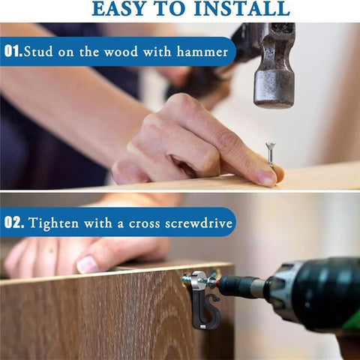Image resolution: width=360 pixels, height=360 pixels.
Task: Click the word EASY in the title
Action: tap(120, 8)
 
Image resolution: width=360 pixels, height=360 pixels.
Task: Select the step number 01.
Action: tap(13, 51)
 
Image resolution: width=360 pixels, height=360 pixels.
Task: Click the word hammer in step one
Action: tap(202, 52)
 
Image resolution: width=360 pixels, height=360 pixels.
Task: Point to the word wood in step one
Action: tap(121, 52)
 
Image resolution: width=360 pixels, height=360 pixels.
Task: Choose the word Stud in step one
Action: tap(38, 52)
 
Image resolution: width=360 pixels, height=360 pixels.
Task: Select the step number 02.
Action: tap(14, 222)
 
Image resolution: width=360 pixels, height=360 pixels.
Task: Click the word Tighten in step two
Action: tap(53, 223)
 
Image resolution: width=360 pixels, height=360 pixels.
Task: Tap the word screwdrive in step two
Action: tap(199, 223)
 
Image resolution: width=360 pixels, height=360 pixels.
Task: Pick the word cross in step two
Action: tap(144, 223)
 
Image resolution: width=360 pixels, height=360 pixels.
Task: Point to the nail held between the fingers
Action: tap(270, 154)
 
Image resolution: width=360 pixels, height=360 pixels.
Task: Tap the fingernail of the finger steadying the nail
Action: tap(266, 178)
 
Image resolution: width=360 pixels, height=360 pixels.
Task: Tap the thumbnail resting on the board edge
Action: tap(86, 265)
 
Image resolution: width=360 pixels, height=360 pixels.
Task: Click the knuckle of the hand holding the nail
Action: tap(181, 103)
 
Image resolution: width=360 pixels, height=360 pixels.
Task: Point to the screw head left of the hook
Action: tap(185, 280)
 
